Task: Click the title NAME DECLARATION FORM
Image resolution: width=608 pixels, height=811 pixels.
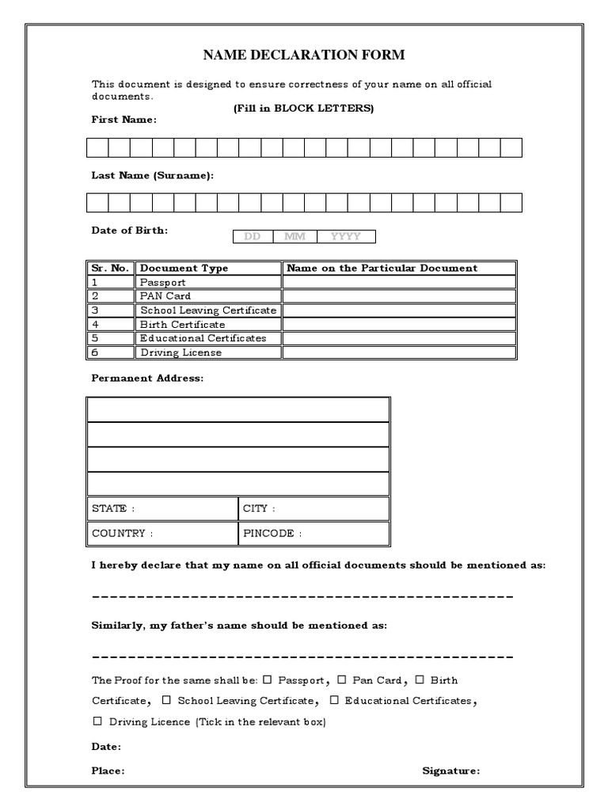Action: (x=304, y=55)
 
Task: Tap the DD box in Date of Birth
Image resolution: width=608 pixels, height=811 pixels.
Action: (x=253, y=236)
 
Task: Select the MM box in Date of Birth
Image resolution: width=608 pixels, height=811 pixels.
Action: (x=294, y=236)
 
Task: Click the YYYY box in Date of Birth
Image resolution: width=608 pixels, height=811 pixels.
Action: (x=346, y=236)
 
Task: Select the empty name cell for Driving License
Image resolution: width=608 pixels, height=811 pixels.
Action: (x=399, y=352)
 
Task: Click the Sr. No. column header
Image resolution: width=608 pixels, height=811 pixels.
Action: (x=110, y=268)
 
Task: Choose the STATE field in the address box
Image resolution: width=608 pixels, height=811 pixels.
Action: (x=161, y=508)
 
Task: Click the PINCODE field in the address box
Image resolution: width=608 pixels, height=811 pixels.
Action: (x=313, y=533)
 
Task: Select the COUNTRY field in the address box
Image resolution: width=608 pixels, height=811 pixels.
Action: (x=161, y=533)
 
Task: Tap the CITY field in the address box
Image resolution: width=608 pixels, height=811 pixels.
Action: (x=313, y=508)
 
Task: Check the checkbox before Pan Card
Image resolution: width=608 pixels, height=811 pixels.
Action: (x=342, y=680)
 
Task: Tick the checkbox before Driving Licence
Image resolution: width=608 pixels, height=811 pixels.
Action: (x=97, y=721)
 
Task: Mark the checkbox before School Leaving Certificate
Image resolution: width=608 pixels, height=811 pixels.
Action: (x=166, y=700)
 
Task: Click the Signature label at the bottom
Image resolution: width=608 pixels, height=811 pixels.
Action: (x=450, y=770)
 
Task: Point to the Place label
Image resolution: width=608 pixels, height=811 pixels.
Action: (x=108, y=770)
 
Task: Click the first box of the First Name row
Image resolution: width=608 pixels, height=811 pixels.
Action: (x=97, y=147)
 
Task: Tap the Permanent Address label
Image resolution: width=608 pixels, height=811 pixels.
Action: (x=147, y=379)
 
